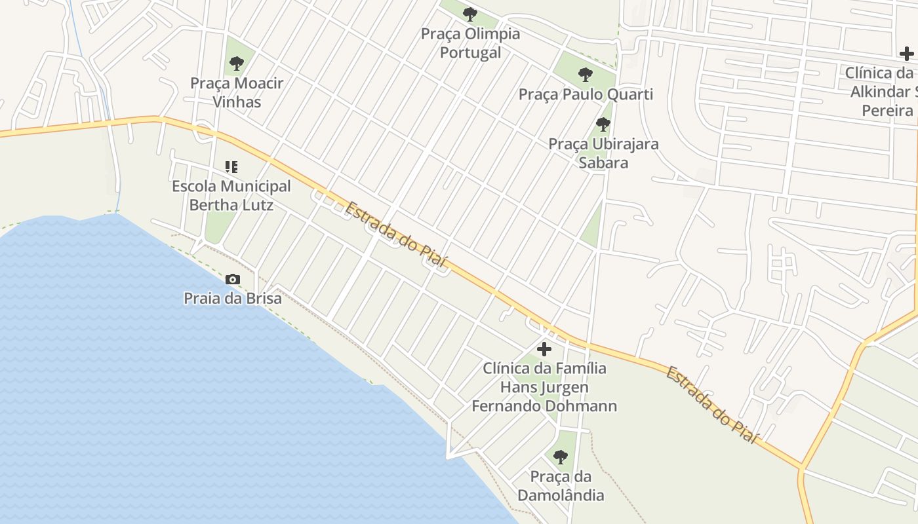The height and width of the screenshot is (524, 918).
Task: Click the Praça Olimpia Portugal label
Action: pyautogui.click(x=470, y=43)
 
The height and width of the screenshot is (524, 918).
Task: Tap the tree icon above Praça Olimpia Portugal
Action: pyautogui.click(x=470, y=14)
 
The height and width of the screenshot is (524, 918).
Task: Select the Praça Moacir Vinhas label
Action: pyautogui.click(x=237, y=92)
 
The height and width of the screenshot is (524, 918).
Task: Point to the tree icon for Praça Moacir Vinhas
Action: pyautogui.click(x=237, y=64)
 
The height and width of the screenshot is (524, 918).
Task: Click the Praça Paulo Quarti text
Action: pyautogui.click(x=586, y=94)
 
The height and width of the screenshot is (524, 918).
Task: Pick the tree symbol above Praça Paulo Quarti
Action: pyautogui.click(x=586, y=74)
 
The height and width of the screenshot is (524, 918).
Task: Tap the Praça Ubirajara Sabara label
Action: pyautogui.click(x=603, y=153)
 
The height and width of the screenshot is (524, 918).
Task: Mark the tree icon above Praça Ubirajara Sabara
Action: pyautogui.click(x=603, y=124)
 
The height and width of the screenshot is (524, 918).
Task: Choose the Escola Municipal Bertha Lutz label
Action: pyautogui.click(x=231, y=195)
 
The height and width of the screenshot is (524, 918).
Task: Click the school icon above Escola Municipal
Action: pyautogui.click(x=231, y=167)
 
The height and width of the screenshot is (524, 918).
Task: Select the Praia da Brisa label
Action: pyautogui.click(x=233, y=299)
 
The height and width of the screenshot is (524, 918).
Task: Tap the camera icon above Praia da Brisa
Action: pyautogui.click(x=232, y=280)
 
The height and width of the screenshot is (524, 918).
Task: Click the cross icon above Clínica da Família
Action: pyautogui.click(x=544, y=349)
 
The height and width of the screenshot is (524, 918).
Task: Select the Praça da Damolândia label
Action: pyautogui.click(x=561, y=485)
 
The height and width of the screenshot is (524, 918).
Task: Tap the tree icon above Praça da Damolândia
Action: pyautogui.click(x=560, y=457)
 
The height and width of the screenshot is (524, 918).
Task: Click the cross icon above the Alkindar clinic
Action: pyautogui.click(x=907, y=54)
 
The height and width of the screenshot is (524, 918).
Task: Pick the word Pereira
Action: pyautogui.click(x=887, y=110)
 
